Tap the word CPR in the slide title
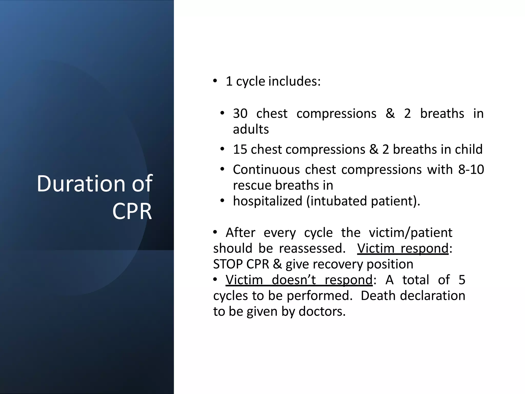[132, 212]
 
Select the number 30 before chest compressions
[240, 113]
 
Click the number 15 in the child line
[240, 149]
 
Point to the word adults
[251, 129]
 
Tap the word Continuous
[266, 170]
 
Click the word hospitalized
[268, 201]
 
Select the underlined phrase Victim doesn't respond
[299, 280]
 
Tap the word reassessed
[312, 248]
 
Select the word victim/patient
[410, 233]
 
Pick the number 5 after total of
[462, 280]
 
